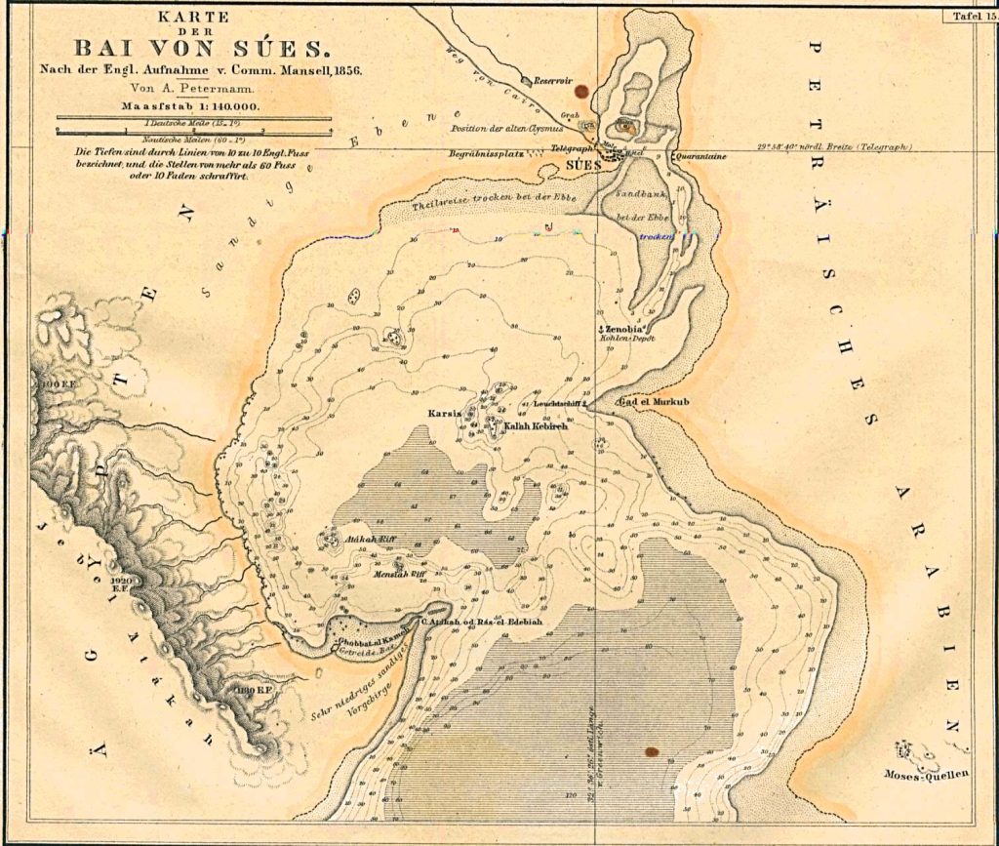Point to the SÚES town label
pos(582,165)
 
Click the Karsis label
pos(444,413)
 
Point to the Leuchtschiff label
pos(558,402)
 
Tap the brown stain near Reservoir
pos(583,93)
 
